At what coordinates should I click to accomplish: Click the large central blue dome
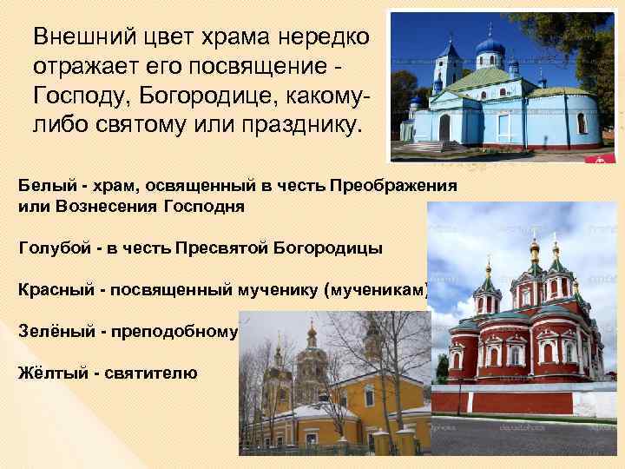coord(490,45)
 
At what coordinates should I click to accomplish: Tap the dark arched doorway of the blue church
coord(444,129)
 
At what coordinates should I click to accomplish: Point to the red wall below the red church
coord(521,400)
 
